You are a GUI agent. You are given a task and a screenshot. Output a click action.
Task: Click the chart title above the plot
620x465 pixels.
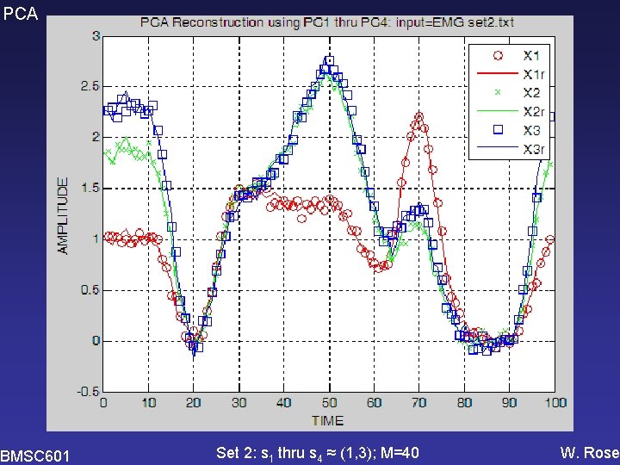(x=327, y=22)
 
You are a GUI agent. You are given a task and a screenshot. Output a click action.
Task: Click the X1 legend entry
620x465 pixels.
(x=514, y=55)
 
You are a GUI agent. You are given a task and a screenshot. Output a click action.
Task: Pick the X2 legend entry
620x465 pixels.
(x=514, y=92)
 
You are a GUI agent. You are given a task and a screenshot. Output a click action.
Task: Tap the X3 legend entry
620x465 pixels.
(x=514, y=130)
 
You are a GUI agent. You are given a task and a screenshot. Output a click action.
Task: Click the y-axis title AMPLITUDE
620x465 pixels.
(x=63, y=215)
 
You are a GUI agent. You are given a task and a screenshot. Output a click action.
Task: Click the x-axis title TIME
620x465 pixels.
(x=327, y=420)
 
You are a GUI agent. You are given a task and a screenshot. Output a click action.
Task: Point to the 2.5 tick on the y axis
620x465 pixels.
(x=90, y=87)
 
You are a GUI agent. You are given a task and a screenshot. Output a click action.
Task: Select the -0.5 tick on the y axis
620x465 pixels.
(x=88, y=392)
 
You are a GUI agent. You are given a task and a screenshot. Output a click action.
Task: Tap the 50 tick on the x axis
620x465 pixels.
(x=329, y=403)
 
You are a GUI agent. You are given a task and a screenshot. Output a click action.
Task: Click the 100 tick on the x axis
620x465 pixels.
(x=555, y=403)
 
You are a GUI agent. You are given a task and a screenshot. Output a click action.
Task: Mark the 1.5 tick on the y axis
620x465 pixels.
(x=90, y=189)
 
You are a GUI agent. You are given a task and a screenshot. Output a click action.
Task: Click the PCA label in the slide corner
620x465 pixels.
(x=20, y=14)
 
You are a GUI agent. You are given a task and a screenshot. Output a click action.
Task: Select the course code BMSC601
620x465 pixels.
(x=34, y=456)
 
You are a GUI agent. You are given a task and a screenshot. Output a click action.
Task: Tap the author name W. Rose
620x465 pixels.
(x=590, y=453)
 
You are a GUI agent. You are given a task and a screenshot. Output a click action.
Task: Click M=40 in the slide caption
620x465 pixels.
(x=400, y=453)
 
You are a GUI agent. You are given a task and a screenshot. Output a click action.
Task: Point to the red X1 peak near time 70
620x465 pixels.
(x=419, y=116)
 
